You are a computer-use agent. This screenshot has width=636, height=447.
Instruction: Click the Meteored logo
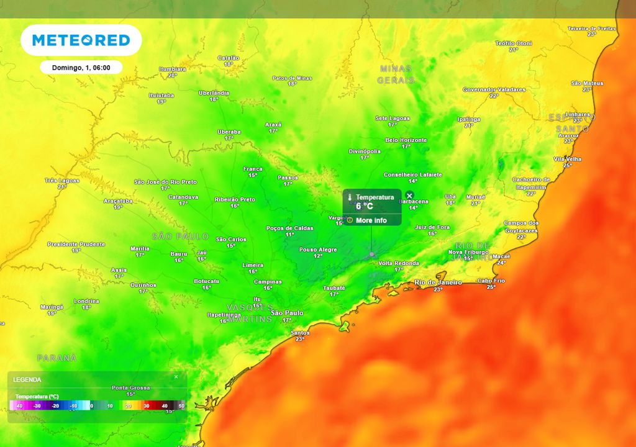[81, 40]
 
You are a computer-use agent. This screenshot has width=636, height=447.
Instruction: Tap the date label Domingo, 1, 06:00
[81, 67]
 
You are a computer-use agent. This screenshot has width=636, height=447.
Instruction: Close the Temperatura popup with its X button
[409, 196]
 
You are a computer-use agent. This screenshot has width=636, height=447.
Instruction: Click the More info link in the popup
[371, 220]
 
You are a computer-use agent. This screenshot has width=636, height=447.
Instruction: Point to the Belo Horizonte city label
[406, 140]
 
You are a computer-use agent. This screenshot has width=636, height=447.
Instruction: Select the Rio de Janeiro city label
[438, 282]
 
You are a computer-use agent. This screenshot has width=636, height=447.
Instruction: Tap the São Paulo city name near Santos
[286, 313]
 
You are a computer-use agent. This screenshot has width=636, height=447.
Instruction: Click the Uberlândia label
[214, 93]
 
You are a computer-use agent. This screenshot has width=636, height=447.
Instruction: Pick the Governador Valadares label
[494, 89]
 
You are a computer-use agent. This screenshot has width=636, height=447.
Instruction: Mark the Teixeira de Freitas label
[591, 29]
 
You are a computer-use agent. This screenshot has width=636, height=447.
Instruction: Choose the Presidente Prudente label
[76, 244]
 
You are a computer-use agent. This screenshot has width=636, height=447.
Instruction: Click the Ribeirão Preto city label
[235, 199]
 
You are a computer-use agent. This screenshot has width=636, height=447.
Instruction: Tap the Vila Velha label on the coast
[567, 159]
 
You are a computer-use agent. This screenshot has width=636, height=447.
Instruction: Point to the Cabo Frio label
[491, 281]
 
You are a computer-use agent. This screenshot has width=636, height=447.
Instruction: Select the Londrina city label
[86, 301]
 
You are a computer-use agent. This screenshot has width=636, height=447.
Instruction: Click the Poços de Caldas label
[289, 228]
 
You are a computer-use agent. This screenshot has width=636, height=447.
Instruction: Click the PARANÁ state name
[57, 358]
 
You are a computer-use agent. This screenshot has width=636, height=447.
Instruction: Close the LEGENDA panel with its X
[176, 376]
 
